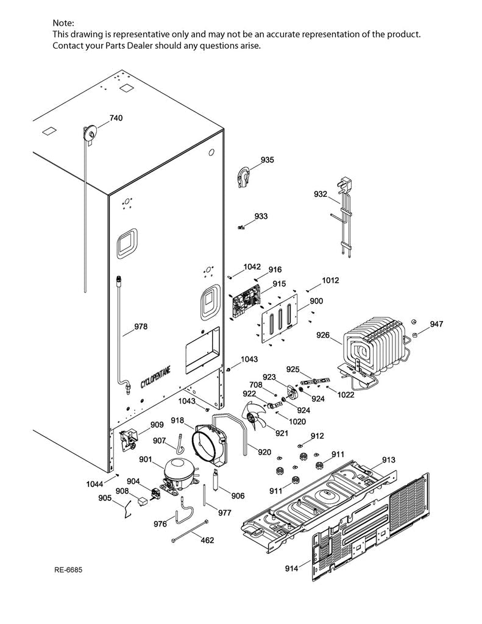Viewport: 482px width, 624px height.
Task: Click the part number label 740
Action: coord(116,118)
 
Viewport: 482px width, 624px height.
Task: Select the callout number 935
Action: coord(267,160)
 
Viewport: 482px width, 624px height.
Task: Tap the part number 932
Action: coord(321,194)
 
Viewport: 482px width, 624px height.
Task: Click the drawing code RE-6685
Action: coord(68,570)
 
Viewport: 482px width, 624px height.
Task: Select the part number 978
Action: coord(141,327)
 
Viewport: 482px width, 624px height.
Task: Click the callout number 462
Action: coord(207,539)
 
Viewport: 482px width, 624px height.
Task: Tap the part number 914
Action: coord(291,569)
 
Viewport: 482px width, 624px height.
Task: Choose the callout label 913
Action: coord(389,459)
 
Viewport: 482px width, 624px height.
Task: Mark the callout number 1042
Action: coord(252,266)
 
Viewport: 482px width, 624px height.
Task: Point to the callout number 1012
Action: coord(331,280)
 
